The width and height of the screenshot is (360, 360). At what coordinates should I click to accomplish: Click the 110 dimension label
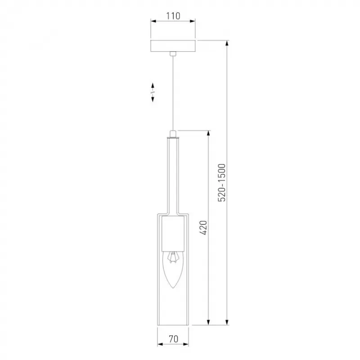coord(173,16)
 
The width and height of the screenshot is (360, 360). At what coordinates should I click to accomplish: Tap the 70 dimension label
coord(173,339)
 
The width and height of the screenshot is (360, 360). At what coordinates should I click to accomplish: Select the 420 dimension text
coord(203,228)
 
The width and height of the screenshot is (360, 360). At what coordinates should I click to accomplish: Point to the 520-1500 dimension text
coord(222,183)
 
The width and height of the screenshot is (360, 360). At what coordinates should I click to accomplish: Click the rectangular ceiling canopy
coord(173,46)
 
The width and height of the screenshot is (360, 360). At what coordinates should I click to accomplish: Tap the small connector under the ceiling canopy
coord(173,54)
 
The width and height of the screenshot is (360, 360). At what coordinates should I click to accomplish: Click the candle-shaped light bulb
coord(173,270)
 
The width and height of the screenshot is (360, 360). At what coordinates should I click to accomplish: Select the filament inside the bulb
coord(173,257)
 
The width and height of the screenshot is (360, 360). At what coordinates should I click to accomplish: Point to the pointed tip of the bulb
coord(173,288)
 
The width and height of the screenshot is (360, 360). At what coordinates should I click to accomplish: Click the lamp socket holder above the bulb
coord(173,234)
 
